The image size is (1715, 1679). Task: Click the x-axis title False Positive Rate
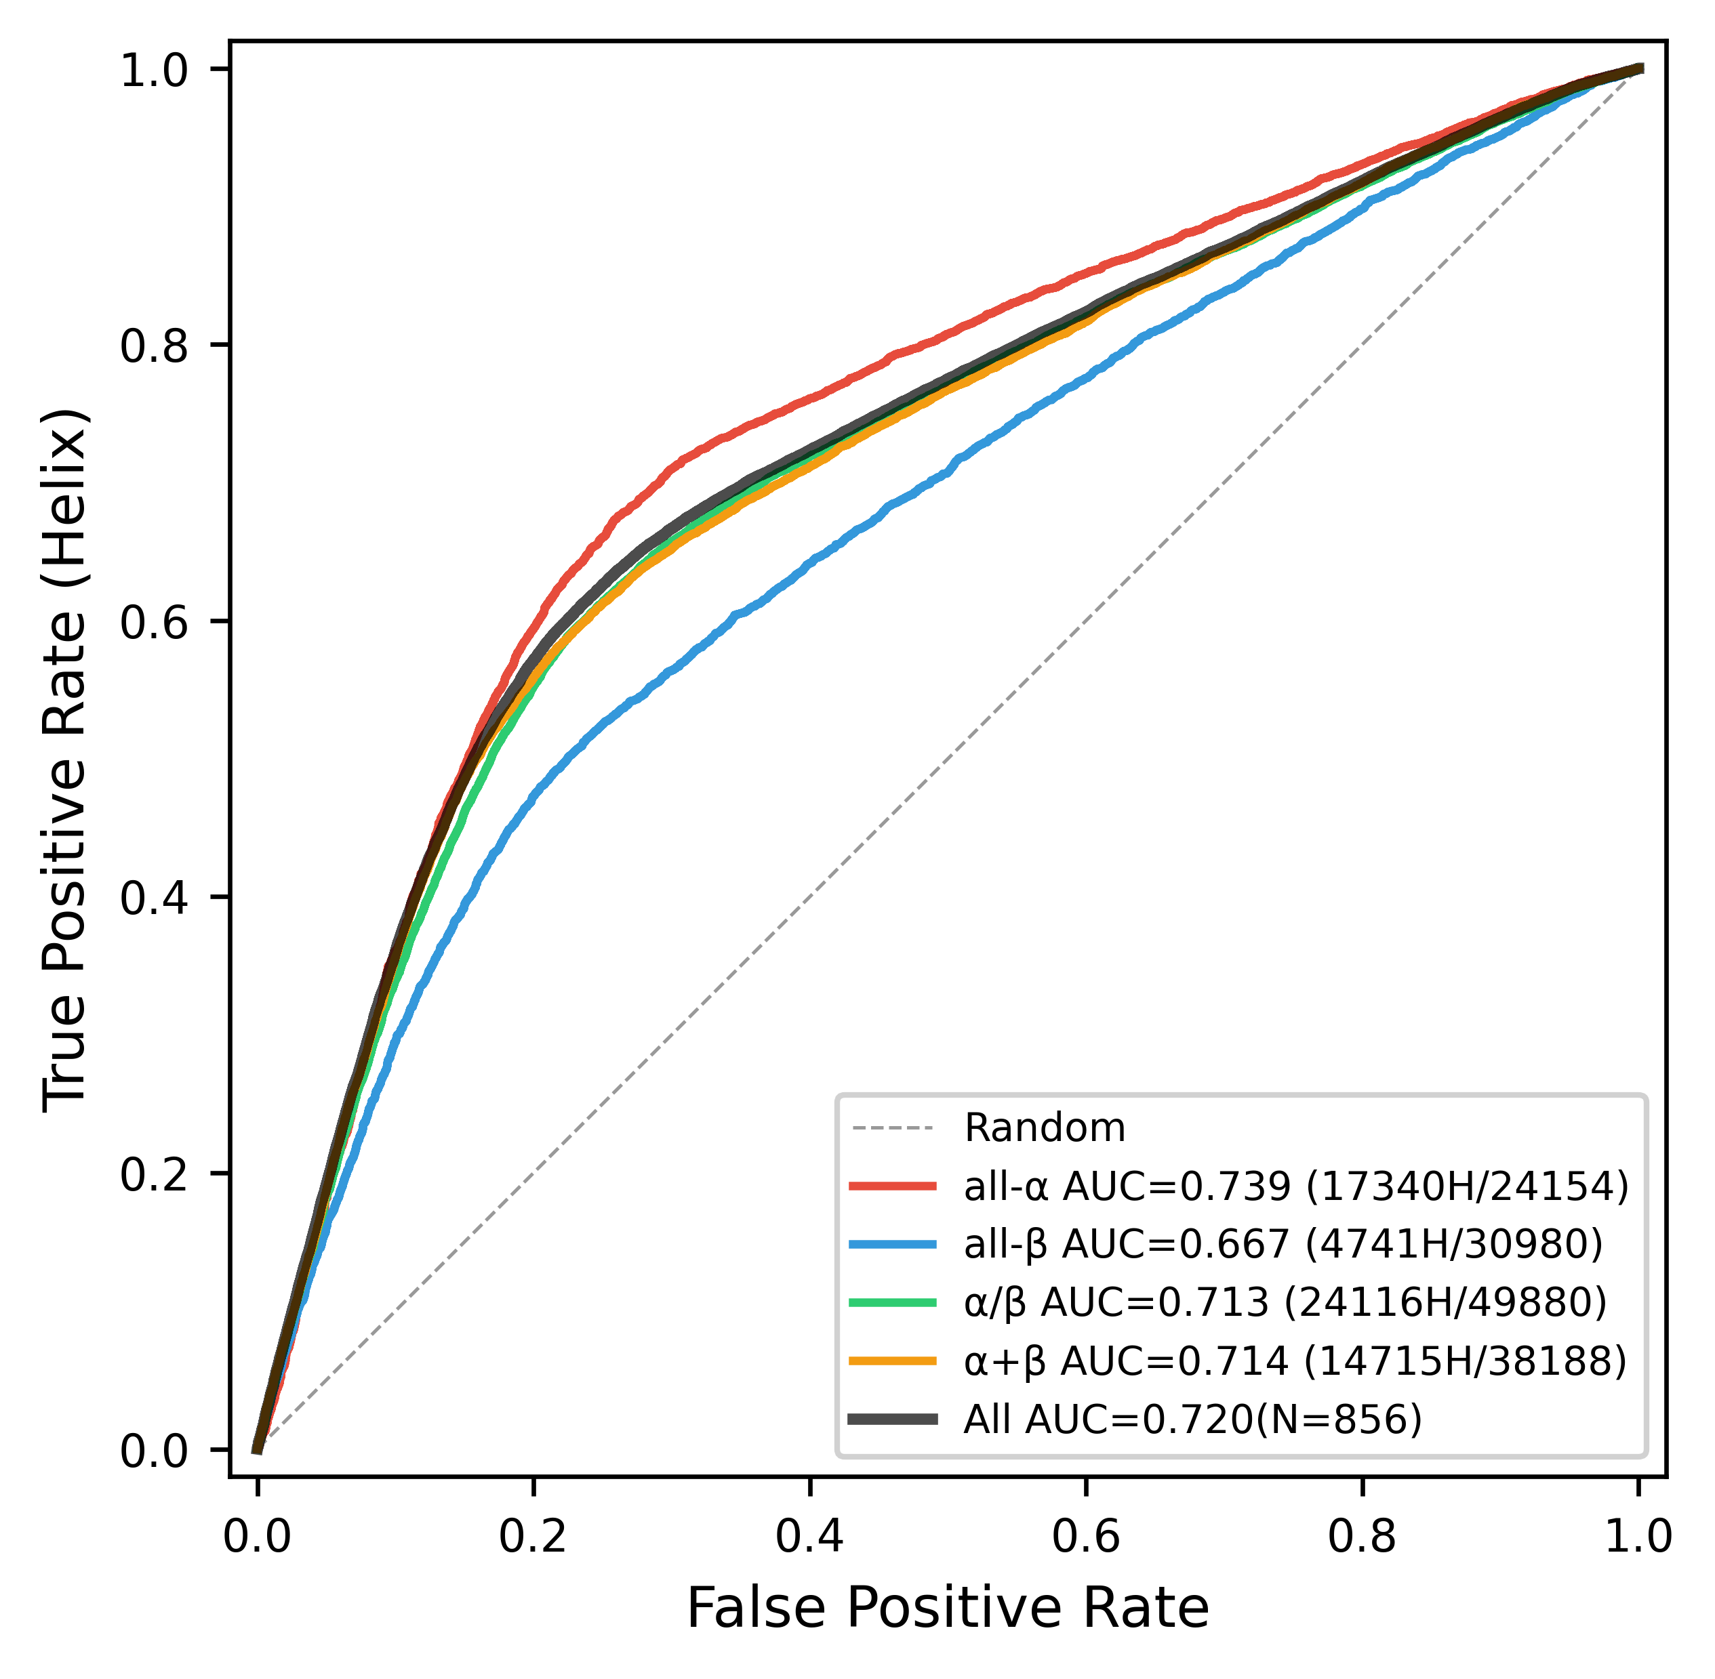click(x=948, y=1608)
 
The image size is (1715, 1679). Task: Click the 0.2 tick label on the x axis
click(x=533, y=1536)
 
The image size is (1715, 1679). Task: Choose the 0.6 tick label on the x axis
click(x=1085, y=1536)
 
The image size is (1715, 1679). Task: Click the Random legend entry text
click(x=1045, y=1128)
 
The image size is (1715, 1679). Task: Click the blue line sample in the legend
click(x=892, y=1244)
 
